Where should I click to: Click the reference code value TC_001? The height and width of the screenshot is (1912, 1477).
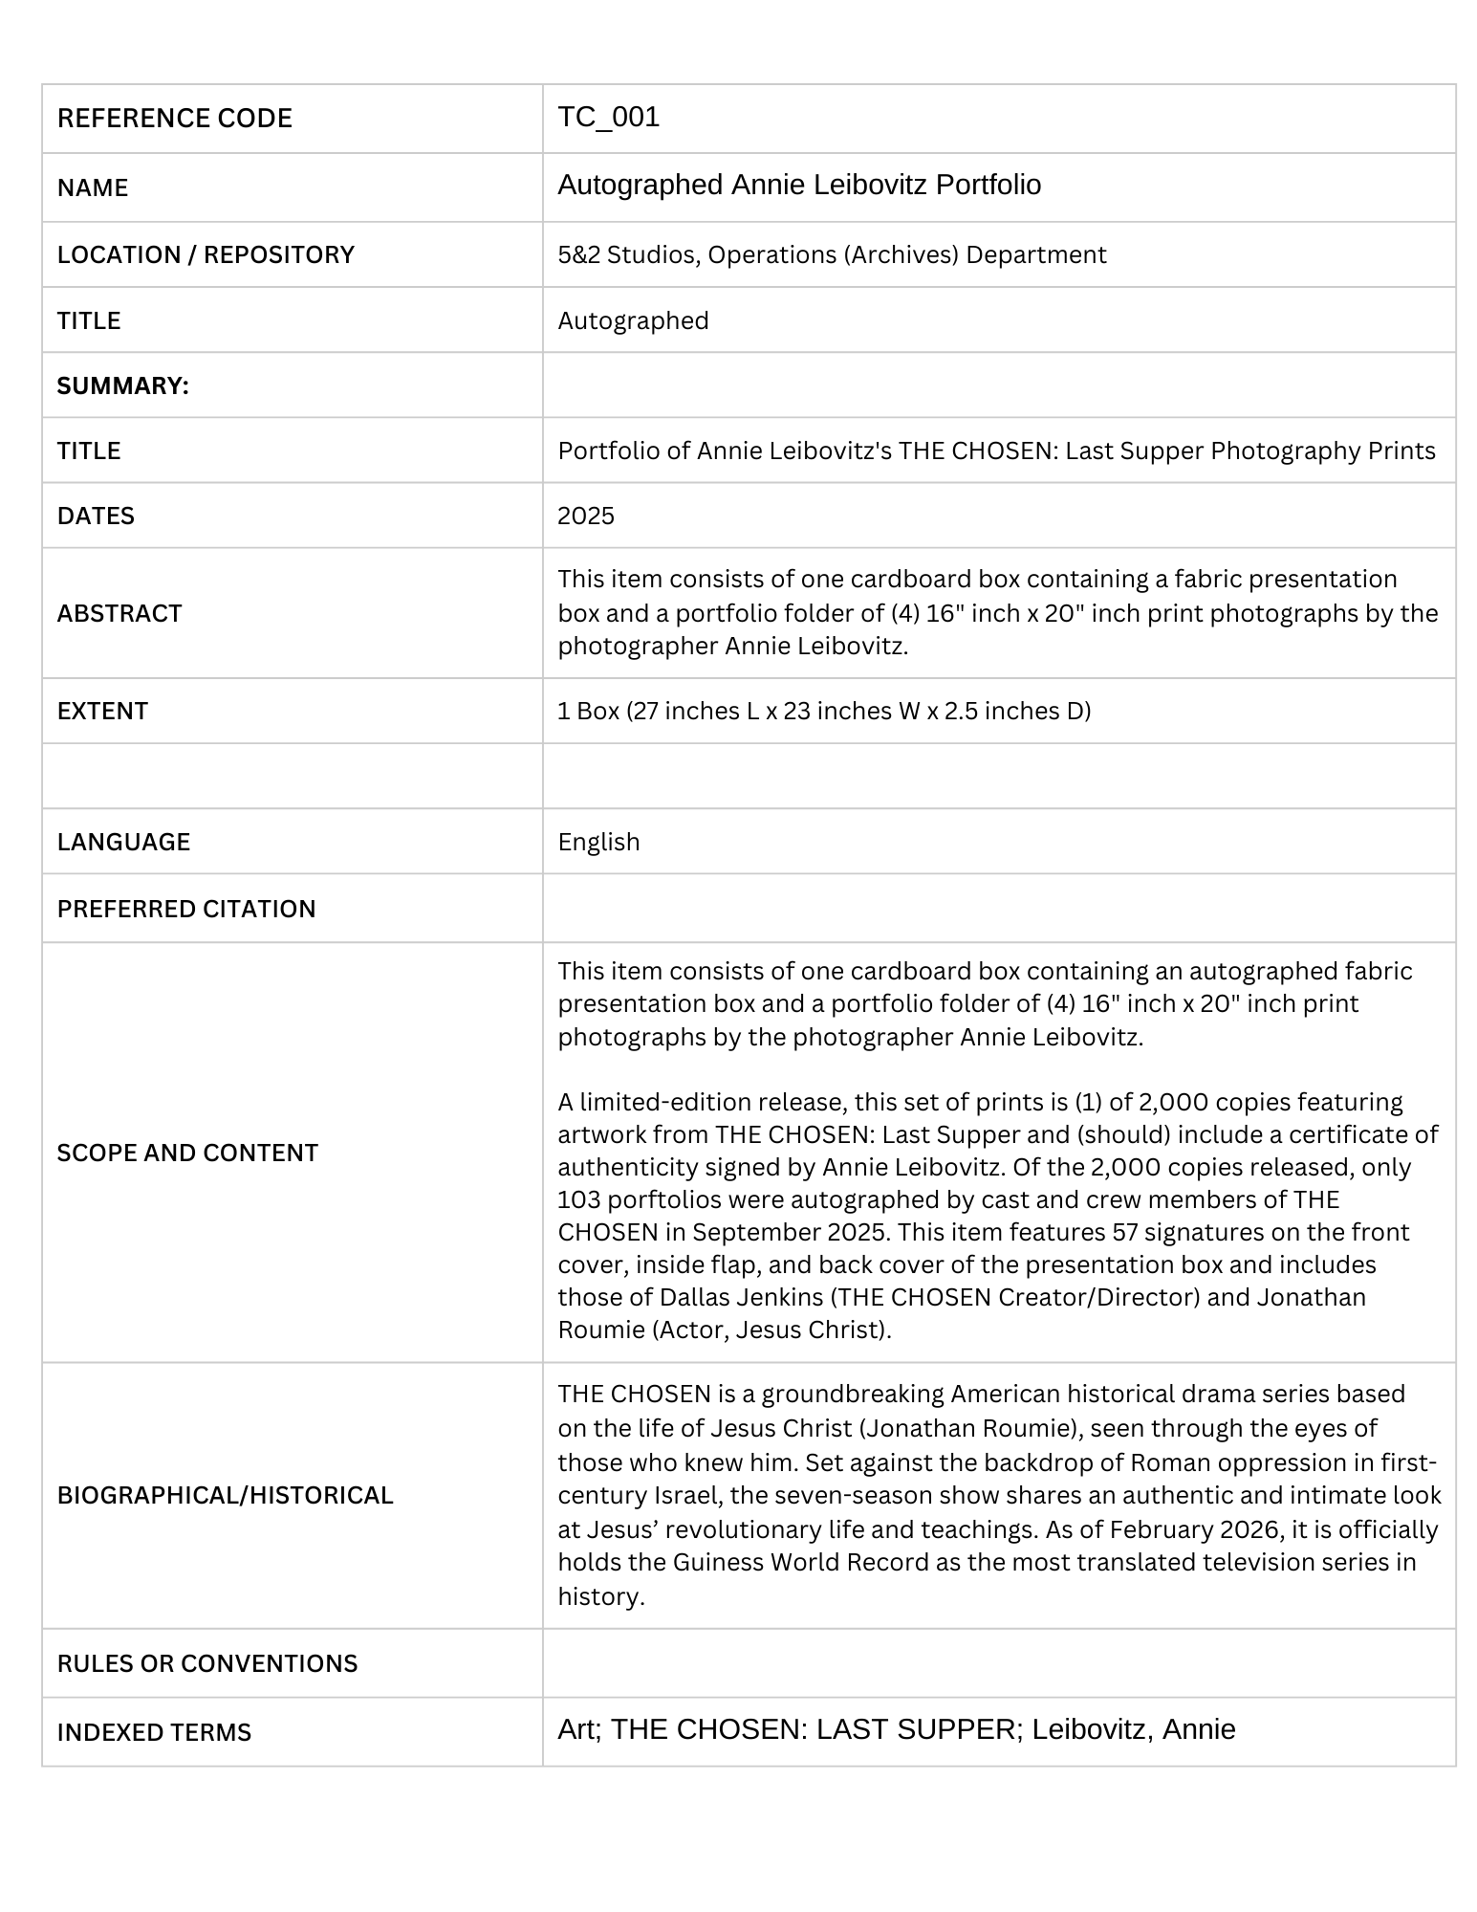(x=608, y=117)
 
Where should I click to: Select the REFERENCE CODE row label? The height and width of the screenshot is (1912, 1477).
(x=174, y=119)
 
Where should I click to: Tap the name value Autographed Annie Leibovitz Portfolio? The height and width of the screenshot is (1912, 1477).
(x=798, y=185)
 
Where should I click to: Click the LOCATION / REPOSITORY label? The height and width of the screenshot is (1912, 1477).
(x=206, y=254)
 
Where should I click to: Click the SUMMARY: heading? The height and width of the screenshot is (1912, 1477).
(x=122, y=385)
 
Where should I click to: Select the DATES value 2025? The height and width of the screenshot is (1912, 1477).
(x=585, y=516)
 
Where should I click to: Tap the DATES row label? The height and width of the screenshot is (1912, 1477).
(x=96, y=516)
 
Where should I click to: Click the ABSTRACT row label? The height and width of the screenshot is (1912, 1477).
(x=119, y=613)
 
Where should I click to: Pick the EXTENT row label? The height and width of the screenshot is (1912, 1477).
(x=102, y=711)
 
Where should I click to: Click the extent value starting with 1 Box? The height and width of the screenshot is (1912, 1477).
(x=823, y=711)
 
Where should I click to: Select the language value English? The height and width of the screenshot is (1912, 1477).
(x=598, y=842)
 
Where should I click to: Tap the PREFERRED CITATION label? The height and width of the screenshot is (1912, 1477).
(x=186, y=909)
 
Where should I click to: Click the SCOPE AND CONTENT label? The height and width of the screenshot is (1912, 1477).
(x=187, y=1153)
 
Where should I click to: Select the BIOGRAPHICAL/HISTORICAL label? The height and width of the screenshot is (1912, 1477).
(x=225, y=1495)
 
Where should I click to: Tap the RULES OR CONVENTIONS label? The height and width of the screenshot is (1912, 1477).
(x=207, y=1663)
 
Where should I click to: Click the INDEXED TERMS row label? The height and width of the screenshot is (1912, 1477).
(x=154, y=1732)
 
